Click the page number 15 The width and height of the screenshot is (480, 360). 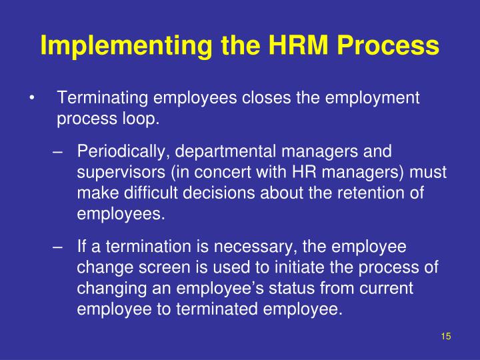446,337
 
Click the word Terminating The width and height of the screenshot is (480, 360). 103,99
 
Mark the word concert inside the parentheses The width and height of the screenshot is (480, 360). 228,173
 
